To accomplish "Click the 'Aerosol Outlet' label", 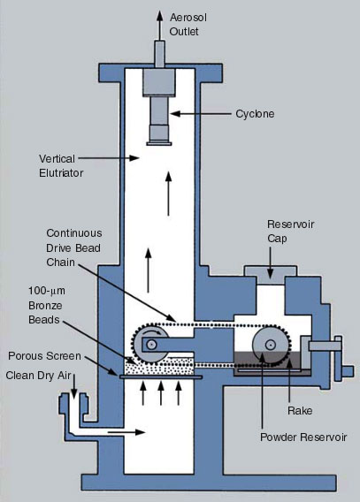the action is (188, 25).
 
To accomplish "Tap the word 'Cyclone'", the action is (255, 114).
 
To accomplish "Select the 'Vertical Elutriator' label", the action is (61, 166).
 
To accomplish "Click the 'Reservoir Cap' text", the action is (290, 232).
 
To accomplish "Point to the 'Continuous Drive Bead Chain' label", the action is (74, 247).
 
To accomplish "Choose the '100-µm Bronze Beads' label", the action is (47, 306).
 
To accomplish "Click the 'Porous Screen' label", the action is (44, 356).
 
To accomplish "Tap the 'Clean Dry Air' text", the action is (38, 376).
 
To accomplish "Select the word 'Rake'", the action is (300, 411).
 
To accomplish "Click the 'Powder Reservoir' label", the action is (303, 437).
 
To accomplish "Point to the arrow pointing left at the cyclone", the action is (201, 114).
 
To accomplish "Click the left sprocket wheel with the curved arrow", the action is (150, 344).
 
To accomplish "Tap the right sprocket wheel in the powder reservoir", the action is (271, 345).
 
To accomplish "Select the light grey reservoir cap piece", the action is (271, 275).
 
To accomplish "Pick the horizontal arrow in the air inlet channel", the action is (126, 432).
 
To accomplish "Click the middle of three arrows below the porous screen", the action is (161, 393).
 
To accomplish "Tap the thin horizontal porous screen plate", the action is (161, 377).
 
